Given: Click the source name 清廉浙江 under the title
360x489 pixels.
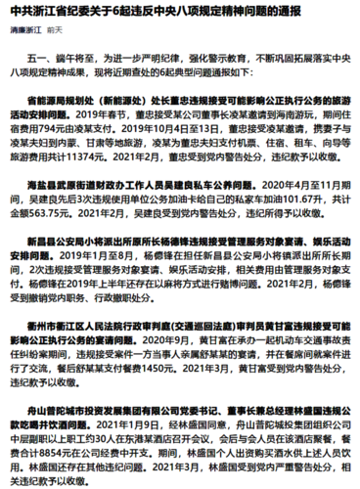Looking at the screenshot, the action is (x=27, y=29).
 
